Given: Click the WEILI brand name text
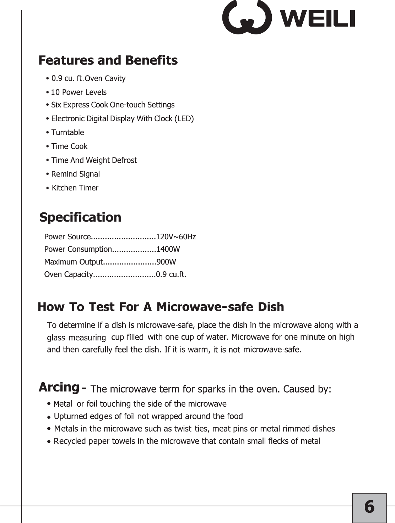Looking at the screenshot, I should (x=318, y=18).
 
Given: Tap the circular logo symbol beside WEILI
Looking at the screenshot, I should (x=247, y=18).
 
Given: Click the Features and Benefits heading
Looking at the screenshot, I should (x=108, y=60).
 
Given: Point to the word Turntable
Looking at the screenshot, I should (x=67, y=133).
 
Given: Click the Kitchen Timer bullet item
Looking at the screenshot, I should (x=75, y=188).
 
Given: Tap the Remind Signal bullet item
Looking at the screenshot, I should (x=75, y=174).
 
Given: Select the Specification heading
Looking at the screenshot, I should (x=80, y=217).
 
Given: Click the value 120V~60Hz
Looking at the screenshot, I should (x=176, y=237).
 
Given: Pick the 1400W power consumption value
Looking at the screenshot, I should (x=168, y=249).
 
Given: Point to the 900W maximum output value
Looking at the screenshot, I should (x=166, y=262).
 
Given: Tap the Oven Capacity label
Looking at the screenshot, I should (x=68, y=274).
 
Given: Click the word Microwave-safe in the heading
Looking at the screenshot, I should (x=205, y=307).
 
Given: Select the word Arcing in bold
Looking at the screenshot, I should (x=59, y=387).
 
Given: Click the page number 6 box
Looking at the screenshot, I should (x=369, y=507).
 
